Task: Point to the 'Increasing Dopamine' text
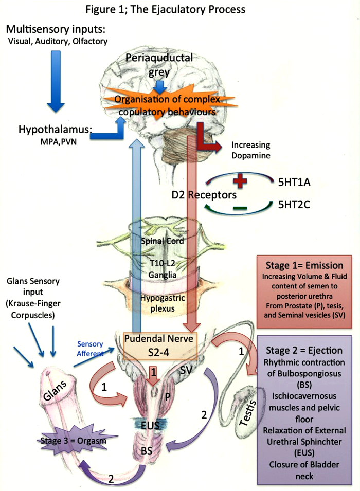(251, 150)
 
